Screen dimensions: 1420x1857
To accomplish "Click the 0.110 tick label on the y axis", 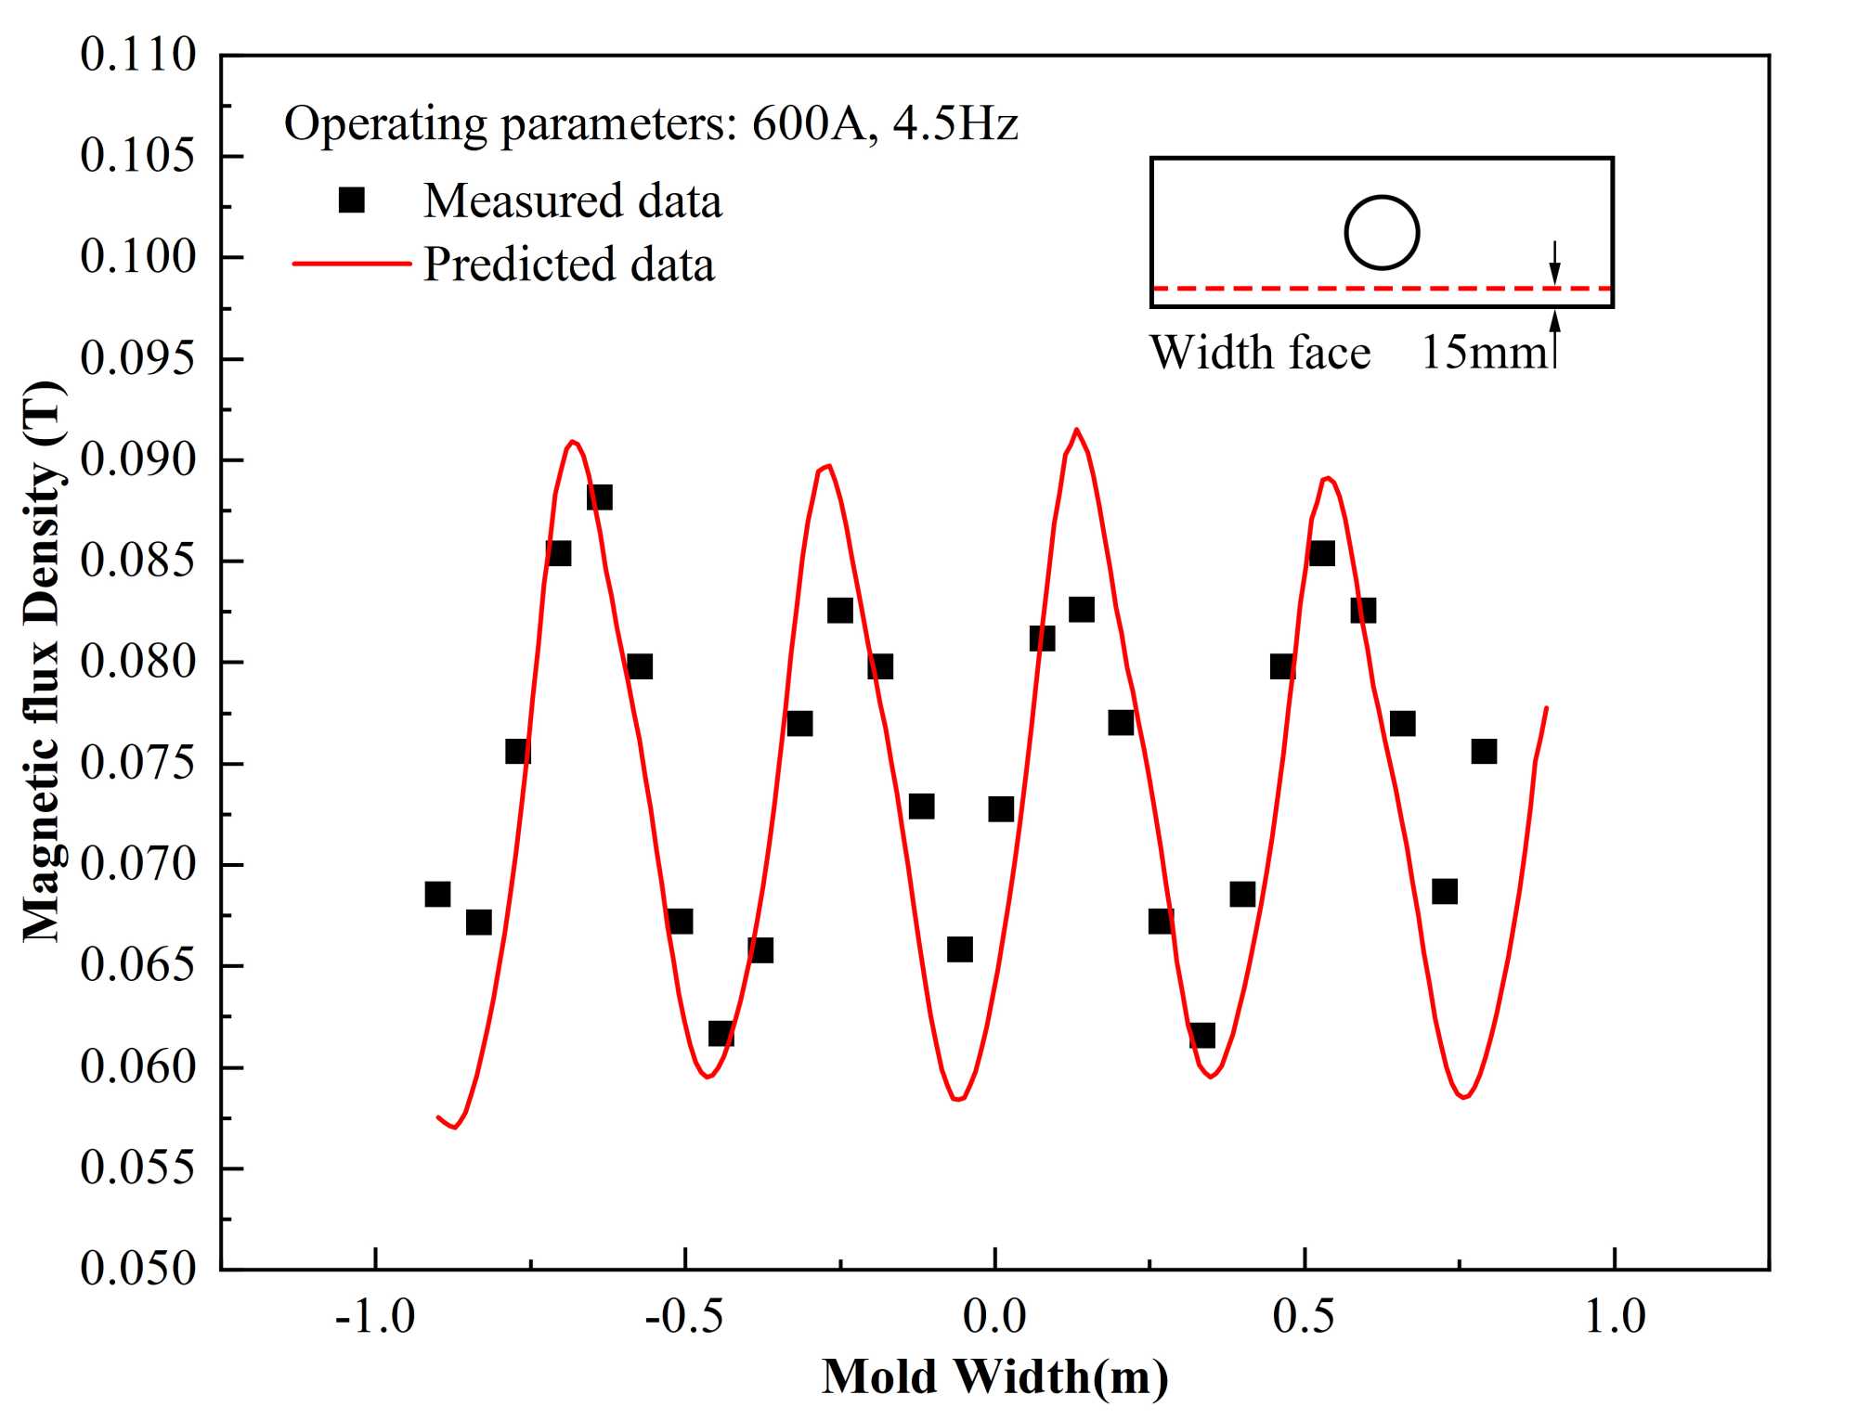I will pyautogui.click(x=138, y=55).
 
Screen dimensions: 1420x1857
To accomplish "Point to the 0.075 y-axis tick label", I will pyautogui.click(x=138, y=763).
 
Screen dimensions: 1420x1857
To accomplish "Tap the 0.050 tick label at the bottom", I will pyautogui.click(x=138, y=1268).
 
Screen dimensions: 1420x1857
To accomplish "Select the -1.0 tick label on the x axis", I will pyautogui.click(x=375, y=1316).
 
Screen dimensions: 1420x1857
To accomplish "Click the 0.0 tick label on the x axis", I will pyautogui.click(x=994, y=1316).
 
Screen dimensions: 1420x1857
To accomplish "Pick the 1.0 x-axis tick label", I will pyautogui.click(x=1615, y=1316).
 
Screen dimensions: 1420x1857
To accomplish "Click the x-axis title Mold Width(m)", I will pyautogui.click(x=994, y=1376).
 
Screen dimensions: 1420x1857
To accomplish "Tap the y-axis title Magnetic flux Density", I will pyautogui.click(x=43, y=661).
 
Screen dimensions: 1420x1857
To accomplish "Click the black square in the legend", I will pyautogui.click(x=352, y=200).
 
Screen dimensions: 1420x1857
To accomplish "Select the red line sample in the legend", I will pyautogui.click(x=351, y=264).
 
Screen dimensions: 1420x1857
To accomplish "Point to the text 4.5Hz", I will pyautogui.click(x=955, y=123).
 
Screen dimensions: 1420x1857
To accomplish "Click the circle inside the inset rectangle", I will pyautogui.click(x=1382, y=232).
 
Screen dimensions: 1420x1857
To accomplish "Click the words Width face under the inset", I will pyautogui.click(x=1260, y=353).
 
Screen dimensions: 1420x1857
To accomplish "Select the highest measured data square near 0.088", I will pyautogui.click(x=600, y=497).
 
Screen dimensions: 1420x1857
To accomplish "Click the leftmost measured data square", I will pyautogui.click(x=437, y=895).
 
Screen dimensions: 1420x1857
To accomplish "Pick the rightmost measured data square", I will pyautogui.click(x=1484, y=752).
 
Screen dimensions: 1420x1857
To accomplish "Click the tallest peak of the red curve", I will pyautogui.click(x=1076, y=431).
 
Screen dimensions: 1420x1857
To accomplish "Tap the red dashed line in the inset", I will pyautogui.click(x=1346, y=290).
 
